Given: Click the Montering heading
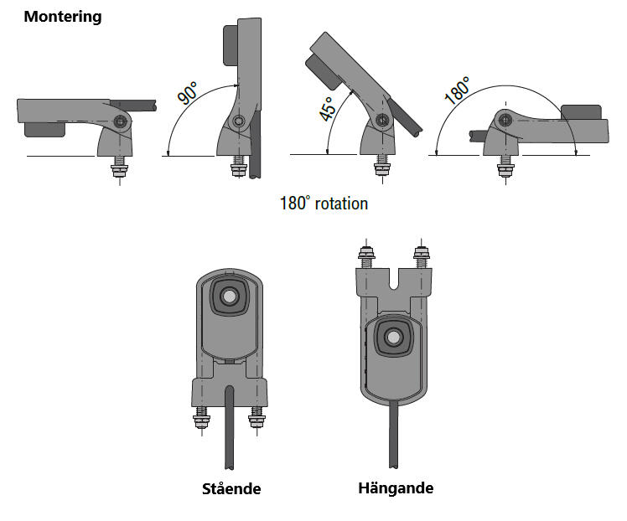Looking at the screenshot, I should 62,17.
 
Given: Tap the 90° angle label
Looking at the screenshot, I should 189,91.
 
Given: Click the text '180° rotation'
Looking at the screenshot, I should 324,204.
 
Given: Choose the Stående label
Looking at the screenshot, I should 231,488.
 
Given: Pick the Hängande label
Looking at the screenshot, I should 395,487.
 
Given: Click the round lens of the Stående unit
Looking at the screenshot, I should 228,296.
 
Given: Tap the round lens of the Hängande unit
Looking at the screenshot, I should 392,338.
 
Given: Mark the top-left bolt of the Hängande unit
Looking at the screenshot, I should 365,255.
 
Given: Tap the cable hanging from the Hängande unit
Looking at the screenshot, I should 394,436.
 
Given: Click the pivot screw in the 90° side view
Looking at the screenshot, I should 241,121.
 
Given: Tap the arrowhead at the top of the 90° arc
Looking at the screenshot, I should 238,85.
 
